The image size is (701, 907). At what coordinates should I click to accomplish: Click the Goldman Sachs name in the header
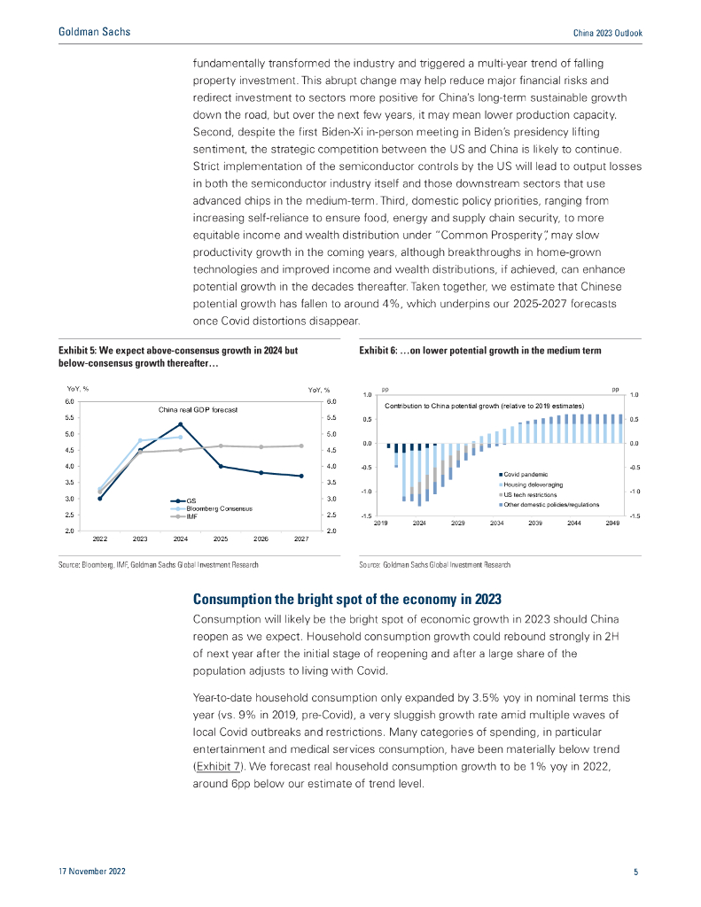click(x=94, y=32)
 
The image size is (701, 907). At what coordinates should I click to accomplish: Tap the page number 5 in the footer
click(x=636, y=872)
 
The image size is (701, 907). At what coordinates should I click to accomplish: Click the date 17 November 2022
click(x=91, y=872)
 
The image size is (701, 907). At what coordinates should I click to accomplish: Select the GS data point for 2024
click(x=180, y=424)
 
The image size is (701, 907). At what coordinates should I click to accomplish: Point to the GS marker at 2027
click(x=301, y=476)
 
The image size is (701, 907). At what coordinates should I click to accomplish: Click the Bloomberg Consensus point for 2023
click(x=140, y=440)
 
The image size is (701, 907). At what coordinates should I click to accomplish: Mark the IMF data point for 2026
click(x=261, y=447)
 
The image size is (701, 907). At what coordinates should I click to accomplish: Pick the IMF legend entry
click(x=191, y=516)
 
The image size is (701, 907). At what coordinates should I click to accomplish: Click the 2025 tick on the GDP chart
click(x=221, y=538)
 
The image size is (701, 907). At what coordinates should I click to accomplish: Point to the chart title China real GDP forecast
click(x=198, y=409)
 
